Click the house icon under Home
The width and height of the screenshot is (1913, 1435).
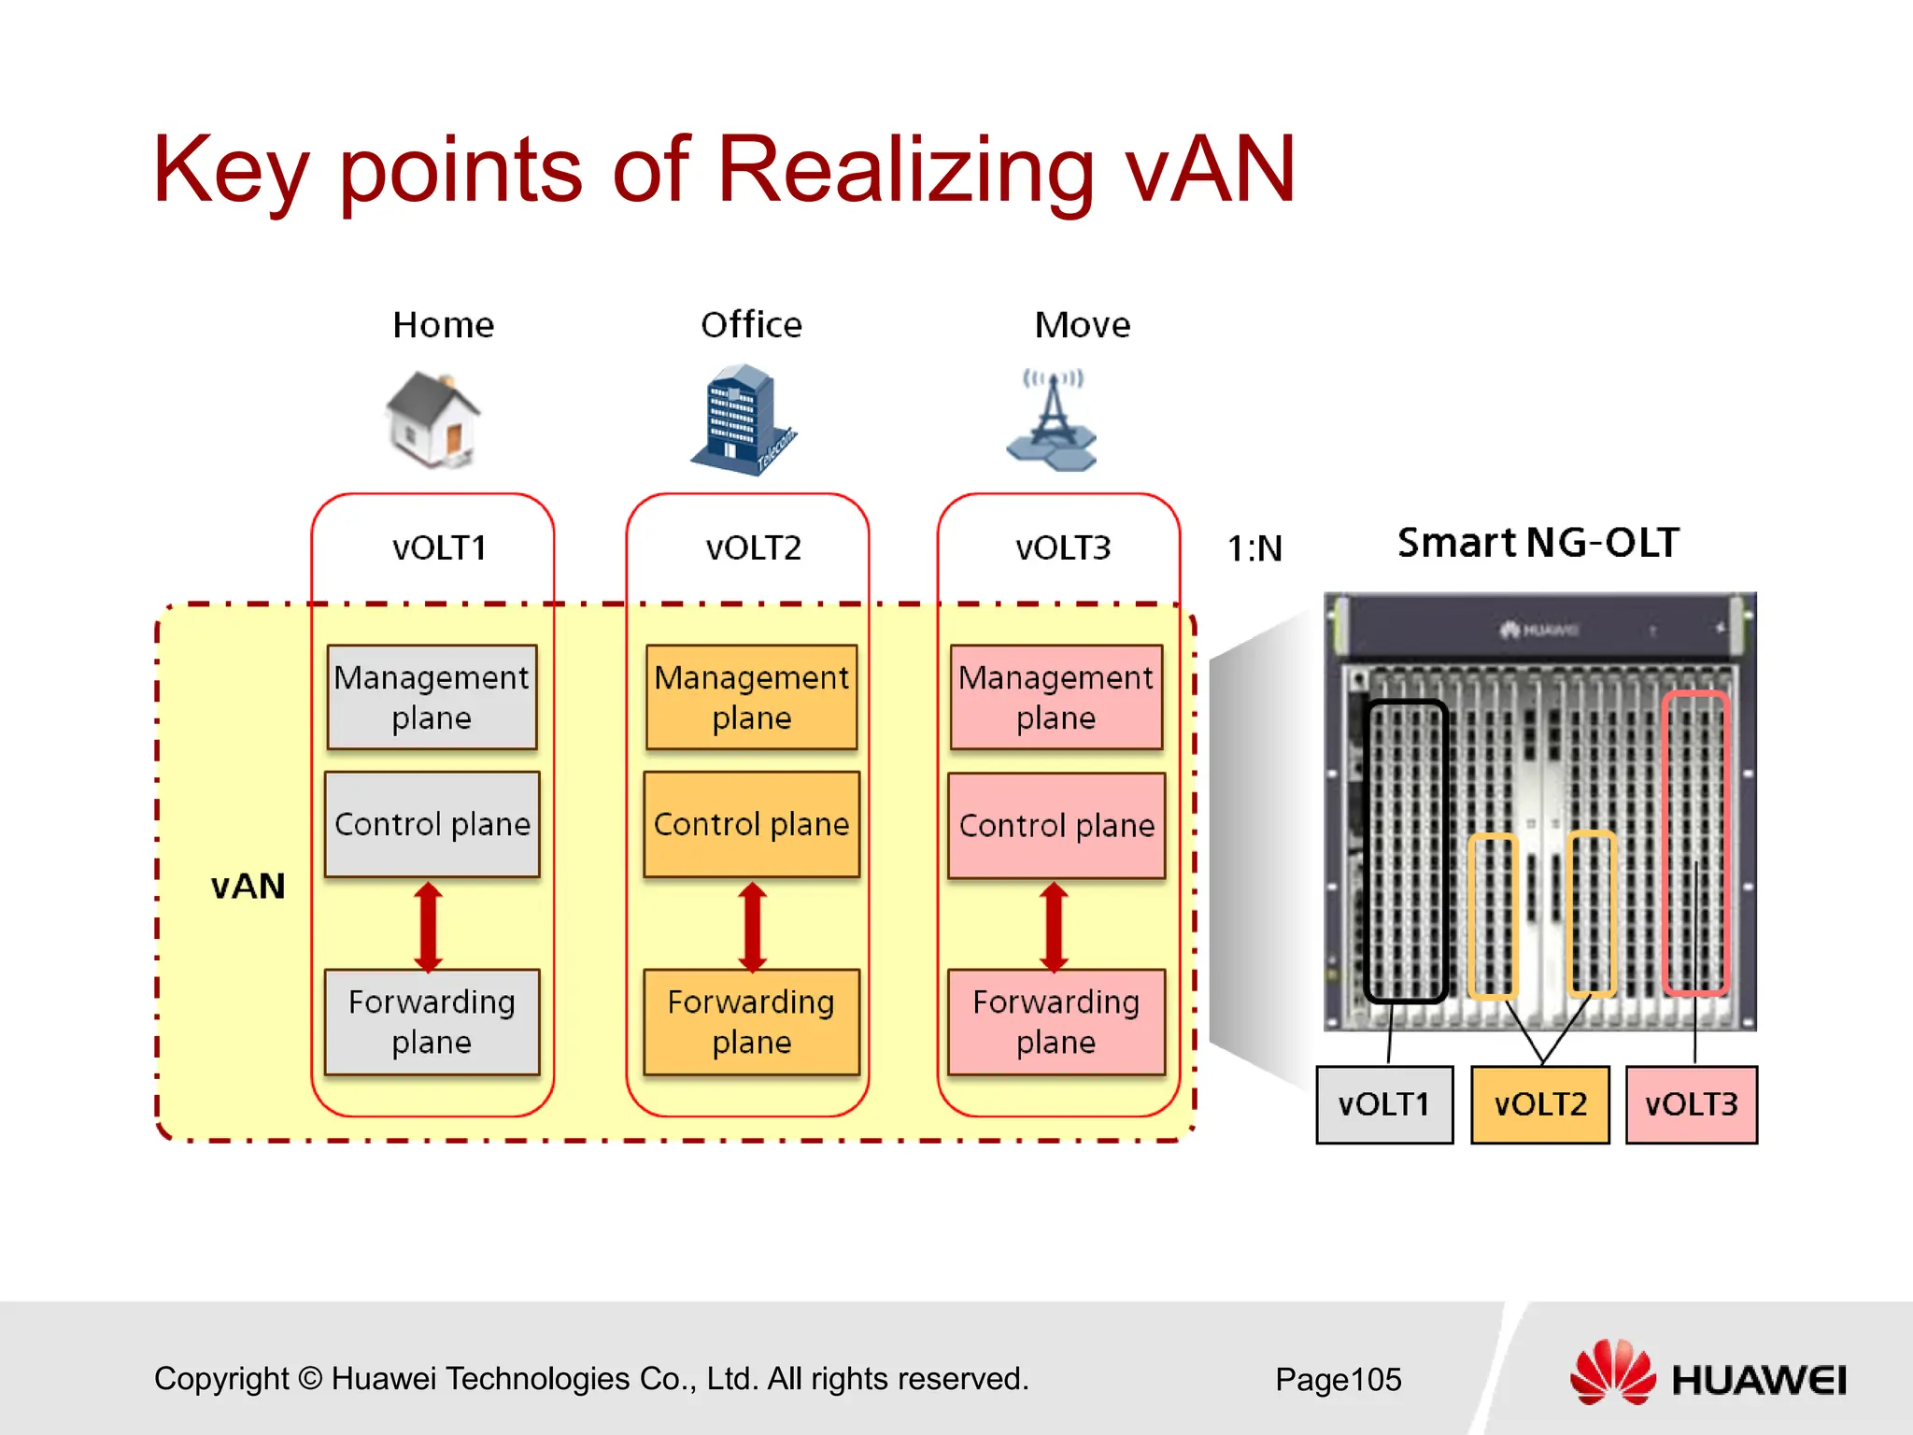pyautogui.click(x=432, y=419)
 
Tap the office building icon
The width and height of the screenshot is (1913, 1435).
pyautogui.click(x=744, y=419)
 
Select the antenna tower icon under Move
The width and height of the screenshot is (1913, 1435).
pyautogui.click(x=1053, y=420)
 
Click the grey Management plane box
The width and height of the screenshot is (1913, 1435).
pyautogui.click(x=432, y=697)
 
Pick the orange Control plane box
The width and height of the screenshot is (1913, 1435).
pyautogui.click(x=751, y=824)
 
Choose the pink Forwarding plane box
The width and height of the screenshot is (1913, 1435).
pyautogui.click(x=1056, y=1021)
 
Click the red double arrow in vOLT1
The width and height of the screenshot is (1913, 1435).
pyautogui.click(x=429, y=926)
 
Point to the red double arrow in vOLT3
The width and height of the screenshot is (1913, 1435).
pyautogui.click(x=1054, y=926)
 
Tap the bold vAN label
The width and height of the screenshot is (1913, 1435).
pyautogui.click(x=248, y=886)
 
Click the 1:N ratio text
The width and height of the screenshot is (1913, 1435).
pyautogui.click(x=1254, y=548)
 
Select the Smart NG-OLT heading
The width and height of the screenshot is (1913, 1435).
pyautogui.click(x=1537, y=543)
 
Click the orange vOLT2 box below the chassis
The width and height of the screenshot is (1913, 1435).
pyautogui.click(x=1539, y=1104)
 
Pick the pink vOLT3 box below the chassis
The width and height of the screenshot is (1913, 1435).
pyautogui.click(x=1691, y=1104)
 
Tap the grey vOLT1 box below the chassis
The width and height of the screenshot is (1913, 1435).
pyautogui.click(x=1384, y=1104)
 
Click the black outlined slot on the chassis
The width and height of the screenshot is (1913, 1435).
pyautogui.click(x=1405, y=850)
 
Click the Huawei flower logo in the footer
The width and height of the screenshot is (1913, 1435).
pyautogui.click(x=1612, y=1372)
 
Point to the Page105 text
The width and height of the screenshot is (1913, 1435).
pyautogui.click(x=1338, y=1379)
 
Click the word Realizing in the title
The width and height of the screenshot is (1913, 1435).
pyautogui.click(x=904, y=170)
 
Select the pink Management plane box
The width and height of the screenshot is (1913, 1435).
pyautogui.click(x=1056, y=697)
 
